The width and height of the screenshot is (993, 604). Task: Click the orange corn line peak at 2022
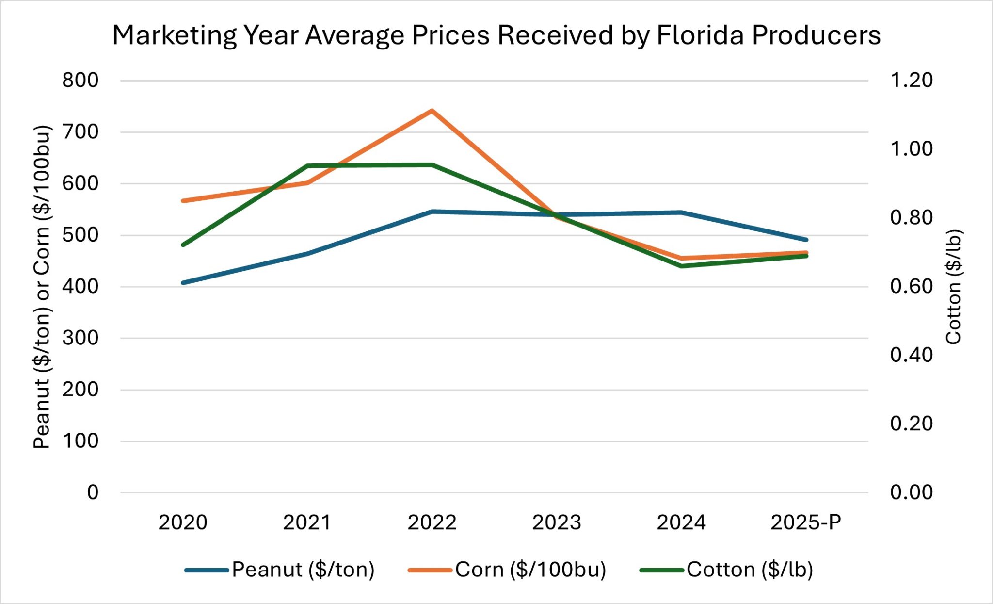click(x=432, y=111)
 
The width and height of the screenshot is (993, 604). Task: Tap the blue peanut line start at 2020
click(x=183, y=282)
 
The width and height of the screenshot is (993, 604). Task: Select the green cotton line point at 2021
click(x=308, y=166)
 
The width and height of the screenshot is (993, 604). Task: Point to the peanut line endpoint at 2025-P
click(x=806, y=240)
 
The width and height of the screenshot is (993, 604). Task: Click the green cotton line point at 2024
click(x=682, y=266)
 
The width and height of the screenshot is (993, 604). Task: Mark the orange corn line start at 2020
click(x=183, y=200)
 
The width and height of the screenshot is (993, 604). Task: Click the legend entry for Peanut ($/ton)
click(x=280, y=570)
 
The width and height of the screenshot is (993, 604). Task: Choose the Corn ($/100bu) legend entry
click(x=507, y=570)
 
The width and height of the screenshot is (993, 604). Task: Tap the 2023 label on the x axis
click(x=557, y=522)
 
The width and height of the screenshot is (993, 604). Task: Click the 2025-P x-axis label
click(x=806, y=522)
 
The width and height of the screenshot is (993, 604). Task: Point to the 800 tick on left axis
click(x=80, y=80)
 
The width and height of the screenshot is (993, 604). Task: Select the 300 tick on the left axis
click(x=80, y=338)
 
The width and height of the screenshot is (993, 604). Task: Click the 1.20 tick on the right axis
click(x=911, y=80)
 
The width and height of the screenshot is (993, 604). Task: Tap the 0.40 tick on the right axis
click(x=911, y=355)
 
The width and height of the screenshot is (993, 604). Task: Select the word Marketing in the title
click(x=175, y=35)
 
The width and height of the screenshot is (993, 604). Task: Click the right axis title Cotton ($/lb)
click(x=954, y=286)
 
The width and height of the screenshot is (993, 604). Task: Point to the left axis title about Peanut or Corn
click(x=42, y=286)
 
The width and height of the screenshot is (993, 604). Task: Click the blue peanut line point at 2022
click(x=432, y=212)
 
